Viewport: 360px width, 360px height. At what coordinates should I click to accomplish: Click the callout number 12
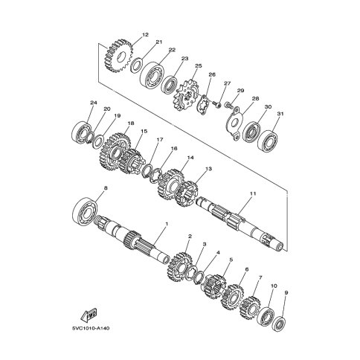145,34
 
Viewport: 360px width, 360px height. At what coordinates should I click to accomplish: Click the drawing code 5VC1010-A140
91,328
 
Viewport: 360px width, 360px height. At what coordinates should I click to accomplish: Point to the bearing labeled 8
86,209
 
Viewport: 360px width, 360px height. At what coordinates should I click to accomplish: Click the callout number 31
280,114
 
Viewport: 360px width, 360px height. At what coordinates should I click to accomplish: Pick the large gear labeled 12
118,56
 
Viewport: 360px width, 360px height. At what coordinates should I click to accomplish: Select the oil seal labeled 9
278,324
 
